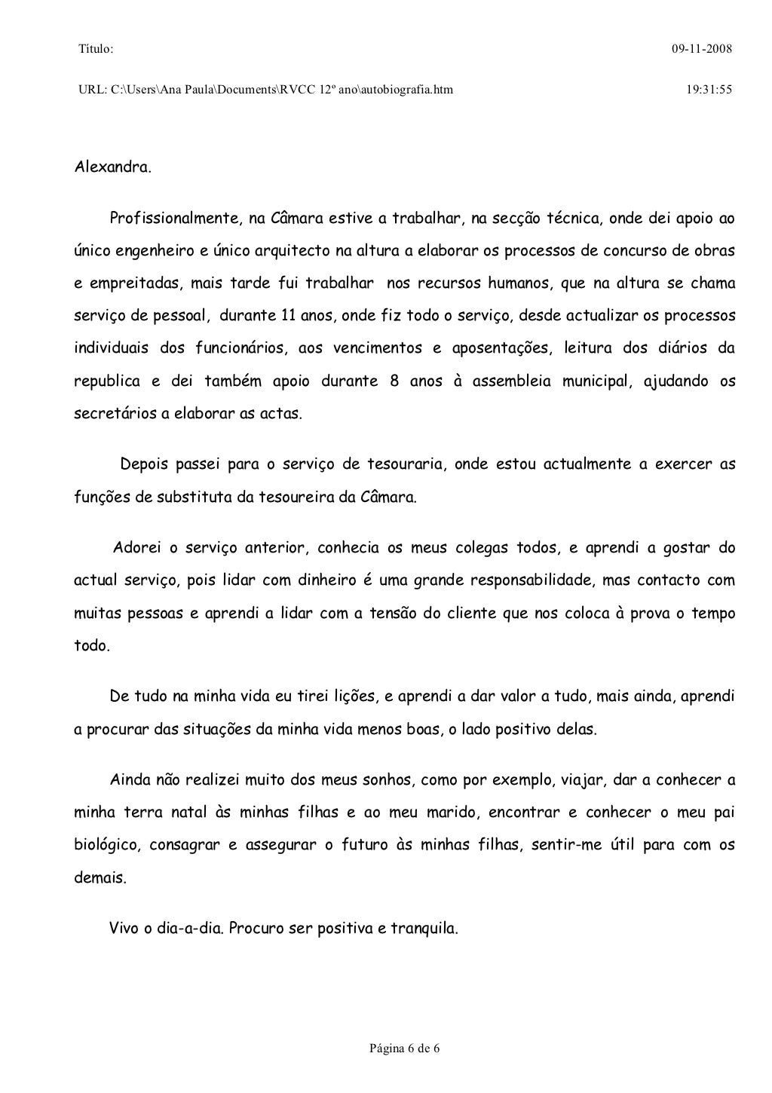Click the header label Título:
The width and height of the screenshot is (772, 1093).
pyautogui.click(x=96, y=50)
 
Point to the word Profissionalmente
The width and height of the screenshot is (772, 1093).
pyautogui.click(x=173, y=219)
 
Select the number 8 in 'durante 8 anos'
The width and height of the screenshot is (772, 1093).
pyautogui.click(x=394, y=381)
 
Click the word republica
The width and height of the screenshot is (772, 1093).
pyautogui.click(x=107, y=381)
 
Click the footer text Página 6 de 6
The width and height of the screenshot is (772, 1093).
pyautogui.click(x=404, y=1049)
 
